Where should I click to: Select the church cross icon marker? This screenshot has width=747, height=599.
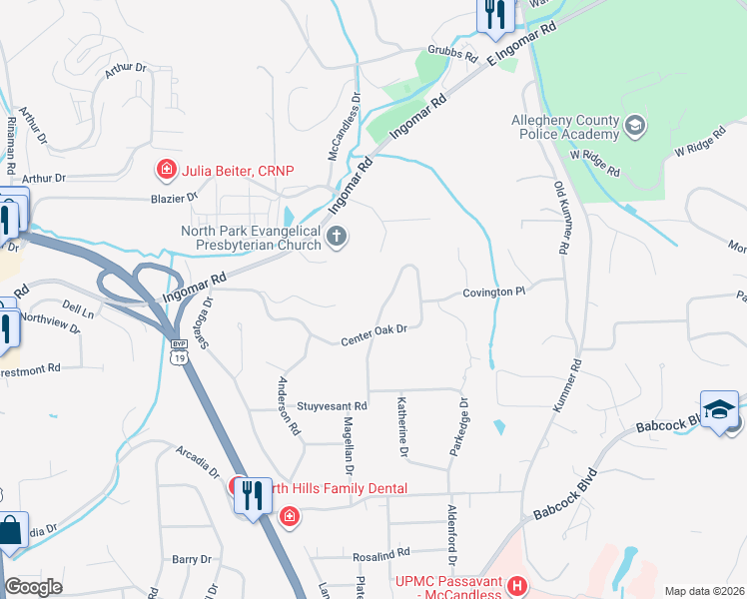(338, 238)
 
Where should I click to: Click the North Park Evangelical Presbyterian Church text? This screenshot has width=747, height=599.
(250, 238)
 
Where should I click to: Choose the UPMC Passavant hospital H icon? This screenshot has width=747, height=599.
(516, 585)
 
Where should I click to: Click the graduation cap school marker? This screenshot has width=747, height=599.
(719, 409)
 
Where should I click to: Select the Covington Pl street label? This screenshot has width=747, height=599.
(493, 292)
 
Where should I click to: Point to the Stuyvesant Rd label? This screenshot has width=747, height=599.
(333, 406)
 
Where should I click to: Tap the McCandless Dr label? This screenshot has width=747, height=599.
(344, 127)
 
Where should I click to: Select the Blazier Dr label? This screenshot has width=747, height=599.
(175, 198)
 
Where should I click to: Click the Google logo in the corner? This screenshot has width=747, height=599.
(34, 587)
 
